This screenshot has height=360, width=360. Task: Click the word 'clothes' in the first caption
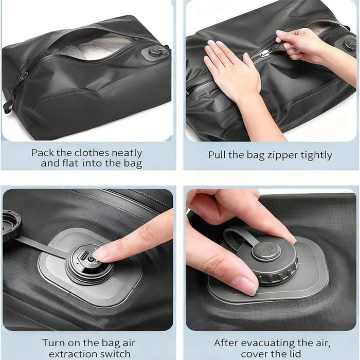pyautogui.click(x=92, y=153)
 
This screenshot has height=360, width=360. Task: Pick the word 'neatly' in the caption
pyautogui.click(x=127, y=153)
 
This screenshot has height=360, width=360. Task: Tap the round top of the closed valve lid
pyautogui.click(x=266, y=251)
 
